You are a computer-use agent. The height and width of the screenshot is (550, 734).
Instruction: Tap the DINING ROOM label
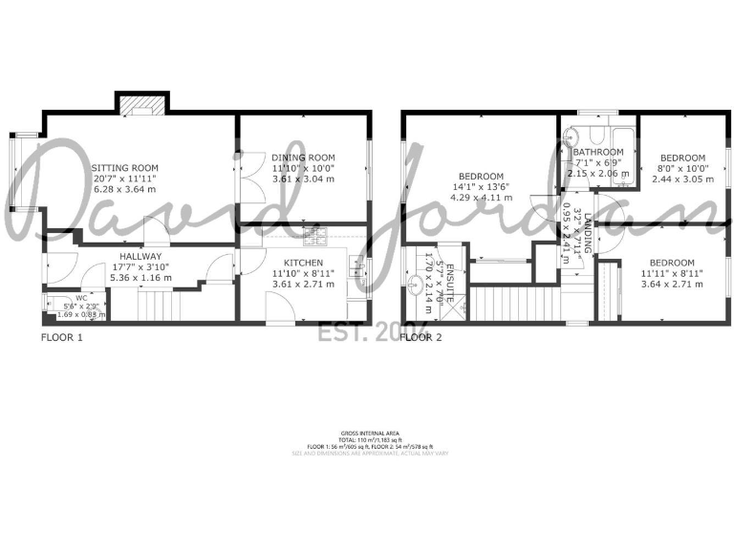coord(303,158)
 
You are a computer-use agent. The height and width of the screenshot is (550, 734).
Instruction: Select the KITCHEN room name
coord(302,263)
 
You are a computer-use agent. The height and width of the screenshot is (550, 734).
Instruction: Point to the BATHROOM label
coord(598,152)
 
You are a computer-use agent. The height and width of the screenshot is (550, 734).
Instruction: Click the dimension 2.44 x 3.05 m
coord(682,179)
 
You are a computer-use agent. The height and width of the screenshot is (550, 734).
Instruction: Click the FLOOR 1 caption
coord(62,337)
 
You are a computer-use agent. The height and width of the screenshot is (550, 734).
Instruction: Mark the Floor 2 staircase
coord(496,305)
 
